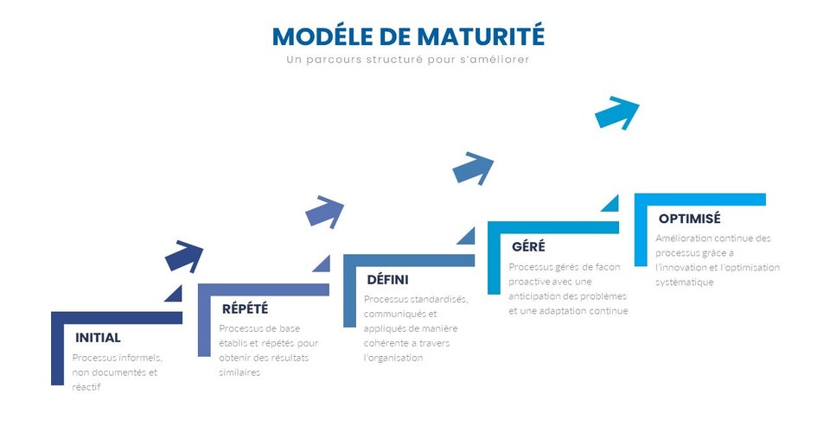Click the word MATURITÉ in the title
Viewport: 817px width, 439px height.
[481, 36]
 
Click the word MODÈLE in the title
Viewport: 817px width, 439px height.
[322, 36]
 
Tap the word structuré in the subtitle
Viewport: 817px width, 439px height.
[394, 60]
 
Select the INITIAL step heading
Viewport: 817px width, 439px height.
[98, 337]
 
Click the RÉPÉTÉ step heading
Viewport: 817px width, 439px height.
[245, 309]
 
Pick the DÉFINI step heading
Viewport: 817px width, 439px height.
[387, 280]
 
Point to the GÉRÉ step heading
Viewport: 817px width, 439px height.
[528, 245]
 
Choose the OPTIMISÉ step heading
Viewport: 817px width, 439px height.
[689, 218]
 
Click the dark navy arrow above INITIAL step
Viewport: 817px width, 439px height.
[184, 256]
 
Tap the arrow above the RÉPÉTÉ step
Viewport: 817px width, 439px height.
[324, 212]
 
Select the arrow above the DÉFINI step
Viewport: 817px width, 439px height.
[473, 169]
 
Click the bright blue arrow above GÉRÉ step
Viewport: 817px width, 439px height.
[617, 112]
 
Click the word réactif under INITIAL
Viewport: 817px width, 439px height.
[86, 387]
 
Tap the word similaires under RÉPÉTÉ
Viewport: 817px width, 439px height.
[239, 372]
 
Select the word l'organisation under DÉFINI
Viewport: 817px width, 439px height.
[393, 358]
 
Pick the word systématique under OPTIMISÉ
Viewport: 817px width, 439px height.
[684, 283]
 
